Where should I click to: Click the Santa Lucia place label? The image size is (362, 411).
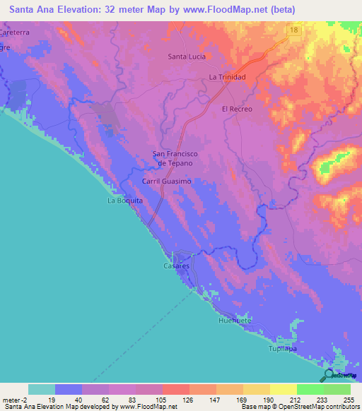pos(187,56)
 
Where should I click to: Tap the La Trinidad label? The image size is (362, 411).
pos(227,77)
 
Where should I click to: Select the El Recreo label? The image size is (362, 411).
pos(237,109)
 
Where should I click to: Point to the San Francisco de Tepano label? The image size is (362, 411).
pos(175,158)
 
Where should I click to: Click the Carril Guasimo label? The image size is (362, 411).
pos(167,181)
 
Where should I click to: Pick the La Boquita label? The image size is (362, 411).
pos(124,201)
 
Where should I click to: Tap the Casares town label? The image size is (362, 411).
pos(176,266)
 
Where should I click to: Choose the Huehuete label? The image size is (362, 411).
pos(234,320)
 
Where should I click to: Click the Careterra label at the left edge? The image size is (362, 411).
pos(16,33)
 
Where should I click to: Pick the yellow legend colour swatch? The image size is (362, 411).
pos(283,389)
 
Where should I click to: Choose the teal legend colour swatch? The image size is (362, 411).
pos(42,389)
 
